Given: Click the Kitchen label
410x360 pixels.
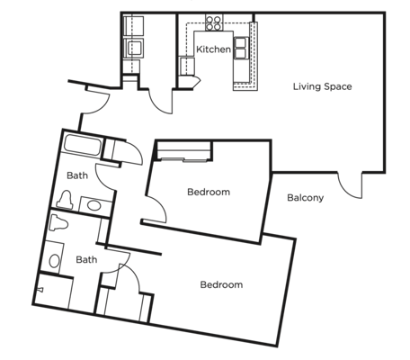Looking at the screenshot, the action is click(213, 49).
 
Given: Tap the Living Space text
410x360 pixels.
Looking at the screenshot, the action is click(322, 86).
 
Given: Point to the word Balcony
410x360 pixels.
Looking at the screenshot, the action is click(305, 198).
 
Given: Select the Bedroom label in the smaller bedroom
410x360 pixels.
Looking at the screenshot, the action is click(209, 192).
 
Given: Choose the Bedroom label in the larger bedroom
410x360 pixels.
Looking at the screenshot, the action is click(221, 284).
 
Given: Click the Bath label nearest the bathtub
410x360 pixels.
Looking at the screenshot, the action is click(77, 175).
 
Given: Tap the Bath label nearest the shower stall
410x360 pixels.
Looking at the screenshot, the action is click(86, 259).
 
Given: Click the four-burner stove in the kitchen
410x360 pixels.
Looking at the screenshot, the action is click(214, 22).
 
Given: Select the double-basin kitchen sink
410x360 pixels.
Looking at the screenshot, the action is click(241, 48).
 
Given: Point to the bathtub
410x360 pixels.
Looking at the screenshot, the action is click(82, 145).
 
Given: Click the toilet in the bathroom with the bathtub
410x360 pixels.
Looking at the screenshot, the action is click(66, 199).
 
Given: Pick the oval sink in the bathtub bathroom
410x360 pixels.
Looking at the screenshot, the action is click(94, 205).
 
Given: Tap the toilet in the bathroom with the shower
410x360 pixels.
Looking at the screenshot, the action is click(58, 222).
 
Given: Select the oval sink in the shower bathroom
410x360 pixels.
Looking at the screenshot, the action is click(54, 261).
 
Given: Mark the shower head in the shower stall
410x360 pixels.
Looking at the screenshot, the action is click(40, 290).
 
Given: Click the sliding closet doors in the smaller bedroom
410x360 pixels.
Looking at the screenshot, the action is click(183, 159).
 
